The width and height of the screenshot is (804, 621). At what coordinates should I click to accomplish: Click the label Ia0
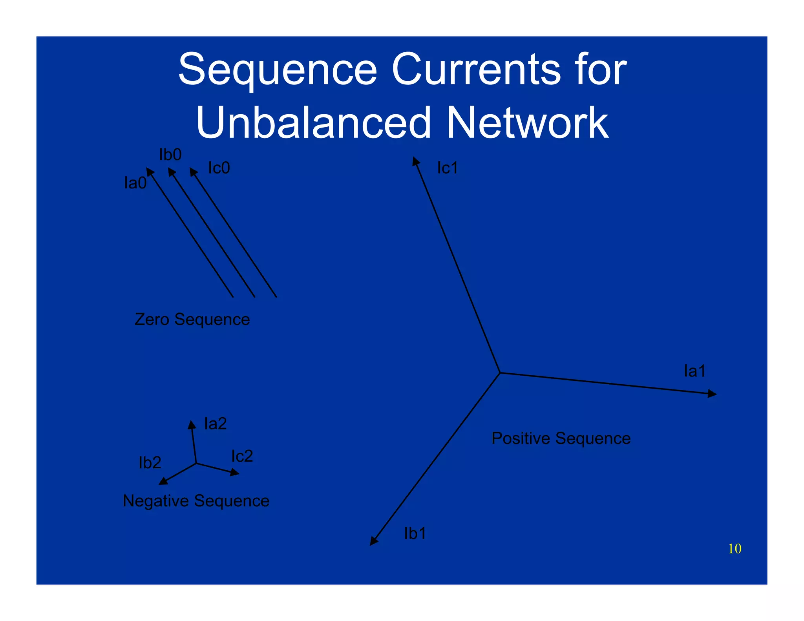135,183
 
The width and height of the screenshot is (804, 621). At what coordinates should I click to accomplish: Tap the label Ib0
170,155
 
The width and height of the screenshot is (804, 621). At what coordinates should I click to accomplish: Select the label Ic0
219,168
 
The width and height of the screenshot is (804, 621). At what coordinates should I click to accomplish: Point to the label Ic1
447,168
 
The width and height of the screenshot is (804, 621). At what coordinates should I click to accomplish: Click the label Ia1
694,371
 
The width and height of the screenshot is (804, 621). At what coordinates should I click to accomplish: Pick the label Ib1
415,533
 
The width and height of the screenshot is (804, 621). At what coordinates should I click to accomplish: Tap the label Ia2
215,424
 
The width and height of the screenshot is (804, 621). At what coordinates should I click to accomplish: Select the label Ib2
150,463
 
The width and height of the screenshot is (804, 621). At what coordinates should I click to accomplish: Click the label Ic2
242,456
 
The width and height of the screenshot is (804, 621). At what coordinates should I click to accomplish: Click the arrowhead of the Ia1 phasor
713,393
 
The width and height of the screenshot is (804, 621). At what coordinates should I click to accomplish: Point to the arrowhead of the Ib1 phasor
373,541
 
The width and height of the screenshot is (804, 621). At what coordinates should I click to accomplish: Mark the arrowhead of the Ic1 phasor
415,161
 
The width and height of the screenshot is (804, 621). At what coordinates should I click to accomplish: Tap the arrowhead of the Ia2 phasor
192,424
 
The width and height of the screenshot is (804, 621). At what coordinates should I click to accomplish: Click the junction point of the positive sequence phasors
500,373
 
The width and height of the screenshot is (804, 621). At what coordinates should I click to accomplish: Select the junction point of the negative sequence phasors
196,464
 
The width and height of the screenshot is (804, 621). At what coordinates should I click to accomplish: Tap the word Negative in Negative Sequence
156,501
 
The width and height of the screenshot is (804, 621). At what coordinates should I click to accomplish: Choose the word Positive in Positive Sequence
521,438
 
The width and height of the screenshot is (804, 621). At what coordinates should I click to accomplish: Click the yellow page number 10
735,548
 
